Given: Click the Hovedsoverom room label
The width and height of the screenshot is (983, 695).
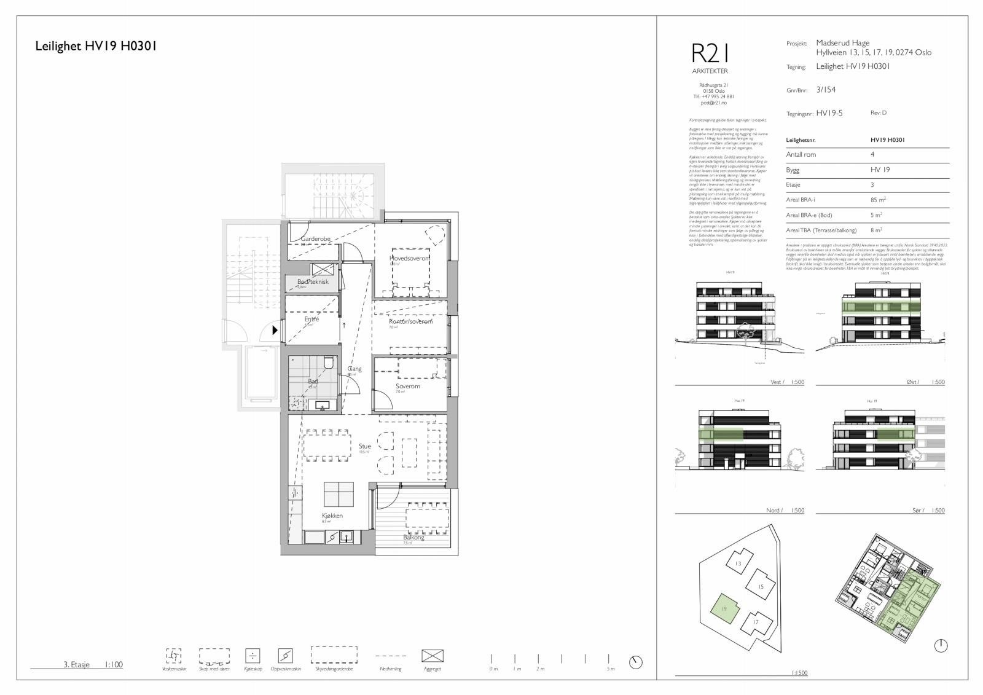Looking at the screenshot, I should [x=408, y=259].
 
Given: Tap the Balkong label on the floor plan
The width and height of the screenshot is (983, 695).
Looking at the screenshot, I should [x=413, y=537].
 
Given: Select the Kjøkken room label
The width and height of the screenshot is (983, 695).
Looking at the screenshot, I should [x=332, y=516].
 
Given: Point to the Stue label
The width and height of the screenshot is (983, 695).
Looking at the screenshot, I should [x=365, y=446].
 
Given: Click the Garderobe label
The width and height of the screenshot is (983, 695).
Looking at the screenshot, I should [x=316, y=239].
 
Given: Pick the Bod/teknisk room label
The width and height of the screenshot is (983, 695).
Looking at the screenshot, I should [x=313, y=281].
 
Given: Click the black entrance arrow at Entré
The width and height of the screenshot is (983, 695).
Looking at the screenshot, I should [x=275, y=330].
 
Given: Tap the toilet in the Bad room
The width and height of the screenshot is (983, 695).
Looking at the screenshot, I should [x=328, y=363].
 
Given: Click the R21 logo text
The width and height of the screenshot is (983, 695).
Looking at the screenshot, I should [x=709, y=53].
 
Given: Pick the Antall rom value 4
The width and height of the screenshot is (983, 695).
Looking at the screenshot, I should [x=872, y=154].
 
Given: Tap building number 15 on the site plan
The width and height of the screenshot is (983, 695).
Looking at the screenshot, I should [x=761, y=586].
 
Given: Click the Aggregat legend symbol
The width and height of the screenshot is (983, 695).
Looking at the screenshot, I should [x=433, y=656].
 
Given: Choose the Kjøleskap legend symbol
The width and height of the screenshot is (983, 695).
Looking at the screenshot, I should [x=252, y=656].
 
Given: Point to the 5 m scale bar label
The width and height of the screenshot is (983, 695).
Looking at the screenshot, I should [x=609, y=669].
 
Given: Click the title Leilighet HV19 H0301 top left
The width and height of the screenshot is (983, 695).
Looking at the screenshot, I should [x=96, y=46].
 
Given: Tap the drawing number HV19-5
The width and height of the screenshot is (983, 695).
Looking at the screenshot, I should [x=829, y=113].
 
